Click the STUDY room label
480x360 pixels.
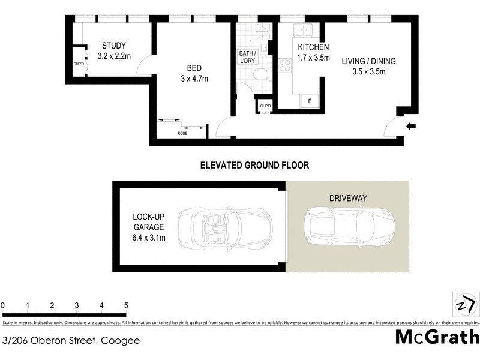pos(113,46)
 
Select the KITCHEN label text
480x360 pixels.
pos(313,47)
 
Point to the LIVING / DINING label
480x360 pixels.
pos(368,61)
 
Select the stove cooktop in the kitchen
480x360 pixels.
pos(285,64)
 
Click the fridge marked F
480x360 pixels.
pos(310,101)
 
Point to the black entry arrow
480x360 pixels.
pos(411,126)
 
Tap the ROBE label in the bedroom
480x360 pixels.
pos(182,133)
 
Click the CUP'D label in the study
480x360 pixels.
pos(78,63)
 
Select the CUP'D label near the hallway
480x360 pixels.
pos(265,106)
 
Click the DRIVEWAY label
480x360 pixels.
pos(348,197)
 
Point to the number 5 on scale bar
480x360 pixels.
pos(126,305)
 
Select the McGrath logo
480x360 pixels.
pos(437,337)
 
